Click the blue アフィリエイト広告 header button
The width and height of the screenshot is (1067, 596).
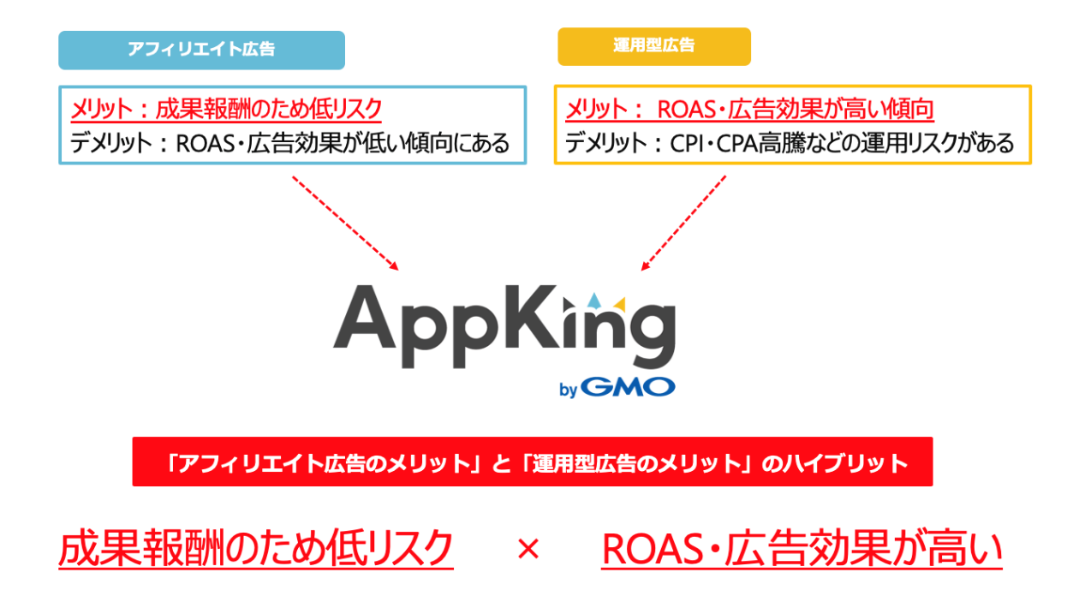[x=201, y=50]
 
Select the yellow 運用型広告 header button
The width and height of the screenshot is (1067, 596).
[x=654, y=46]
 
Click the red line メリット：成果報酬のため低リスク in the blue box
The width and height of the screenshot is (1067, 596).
[x=226, y=109]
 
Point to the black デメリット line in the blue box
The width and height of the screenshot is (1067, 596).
[x=290, y=143]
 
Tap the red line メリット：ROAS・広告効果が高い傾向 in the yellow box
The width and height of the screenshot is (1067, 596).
[x=749, y=109]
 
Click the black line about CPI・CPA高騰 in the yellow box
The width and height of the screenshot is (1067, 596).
[x=790, y=143]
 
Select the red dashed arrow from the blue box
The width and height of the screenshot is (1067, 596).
[x=345, y=223]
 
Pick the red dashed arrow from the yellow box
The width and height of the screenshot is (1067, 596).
[x=683, y=223]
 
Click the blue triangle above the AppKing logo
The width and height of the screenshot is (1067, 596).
[x=593, y=301]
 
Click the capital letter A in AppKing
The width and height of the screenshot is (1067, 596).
[x=365, y=318]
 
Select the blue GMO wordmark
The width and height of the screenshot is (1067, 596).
[x=628, y=387]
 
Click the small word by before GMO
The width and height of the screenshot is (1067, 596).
[x=569, y=390]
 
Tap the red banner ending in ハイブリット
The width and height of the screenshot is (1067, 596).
[x=533, y=462]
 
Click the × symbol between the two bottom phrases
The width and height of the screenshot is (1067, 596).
[x=528, y=549]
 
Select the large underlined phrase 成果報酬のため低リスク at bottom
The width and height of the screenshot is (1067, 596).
[x=256, y=548]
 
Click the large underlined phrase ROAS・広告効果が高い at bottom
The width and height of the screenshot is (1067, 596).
[x=802, y=549]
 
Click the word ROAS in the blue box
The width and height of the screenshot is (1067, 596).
[x=206, y=143]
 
